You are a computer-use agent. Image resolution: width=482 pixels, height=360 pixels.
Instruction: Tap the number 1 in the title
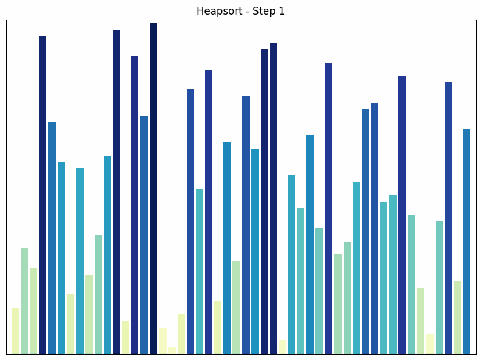coord(282,11)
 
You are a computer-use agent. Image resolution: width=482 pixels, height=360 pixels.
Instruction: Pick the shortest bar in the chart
coord(172,350)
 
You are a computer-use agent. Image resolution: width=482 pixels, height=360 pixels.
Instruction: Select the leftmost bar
coord(15,330)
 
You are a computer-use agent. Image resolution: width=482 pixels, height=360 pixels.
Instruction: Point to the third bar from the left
coord(34,311)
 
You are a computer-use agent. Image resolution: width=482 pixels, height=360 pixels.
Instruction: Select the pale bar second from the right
coord(458,317)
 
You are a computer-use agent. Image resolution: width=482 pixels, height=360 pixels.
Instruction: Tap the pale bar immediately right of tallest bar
coord(163,340)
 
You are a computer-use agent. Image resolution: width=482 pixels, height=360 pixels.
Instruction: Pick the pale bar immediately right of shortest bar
coord(181,334)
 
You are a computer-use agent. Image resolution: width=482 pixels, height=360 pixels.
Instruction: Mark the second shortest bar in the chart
coord(282,347)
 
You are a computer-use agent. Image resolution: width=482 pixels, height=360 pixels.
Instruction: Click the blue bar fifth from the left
coord(52,237)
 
